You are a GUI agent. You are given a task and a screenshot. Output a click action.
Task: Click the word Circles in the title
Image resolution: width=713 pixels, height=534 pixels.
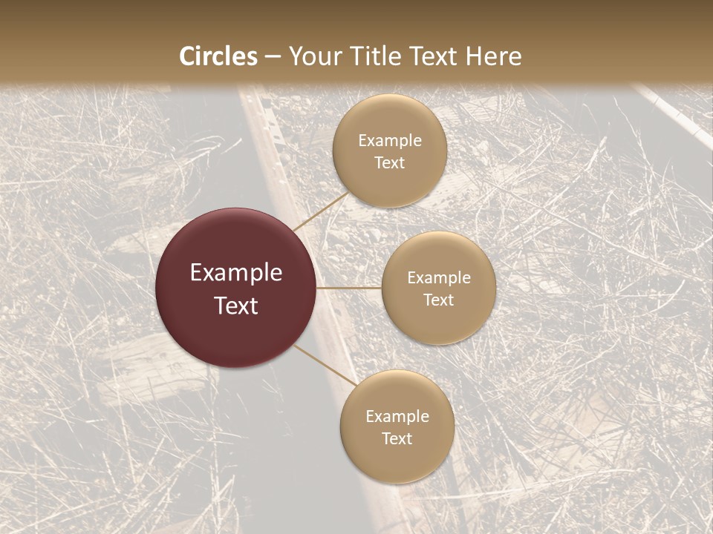218,56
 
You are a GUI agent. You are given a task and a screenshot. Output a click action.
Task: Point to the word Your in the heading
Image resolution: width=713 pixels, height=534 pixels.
312,56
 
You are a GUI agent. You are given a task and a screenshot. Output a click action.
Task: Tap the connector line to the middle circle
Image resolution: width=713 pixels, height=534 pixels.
349,288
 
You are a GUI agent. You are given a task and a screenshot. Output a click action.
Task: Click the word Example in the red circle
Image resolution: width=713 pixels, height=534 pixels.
236,273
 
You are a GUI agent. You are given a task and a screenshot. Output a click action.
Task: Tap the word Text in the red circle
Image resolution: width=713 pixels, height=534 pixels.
236,306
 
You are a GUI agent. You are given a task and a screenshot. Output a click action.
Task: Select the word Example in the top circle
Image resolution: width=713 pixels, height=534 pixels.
390,141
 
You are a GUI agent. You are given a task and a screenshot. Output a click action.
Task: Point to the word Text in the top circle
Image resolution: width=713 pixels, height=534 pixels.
389,163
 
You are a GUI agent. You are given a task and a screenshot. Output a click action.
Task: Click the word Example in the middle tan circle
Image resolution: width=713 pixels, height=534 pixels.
439,278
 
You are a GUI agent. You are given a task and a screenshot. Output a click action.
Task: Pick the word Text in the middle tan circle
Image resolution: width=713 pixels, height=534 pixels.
438,300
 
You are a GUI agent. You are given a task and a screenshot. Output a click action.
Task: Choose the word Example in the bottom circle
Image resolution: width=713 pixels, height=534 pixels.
397,417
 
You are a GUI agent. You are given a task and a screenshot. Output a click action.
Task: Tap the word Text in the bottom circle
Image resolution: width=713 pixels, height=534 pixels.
397,439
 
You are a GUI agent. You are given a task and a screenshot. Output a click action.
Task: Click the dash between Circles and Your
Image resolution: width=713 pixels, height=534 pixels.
273,57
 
